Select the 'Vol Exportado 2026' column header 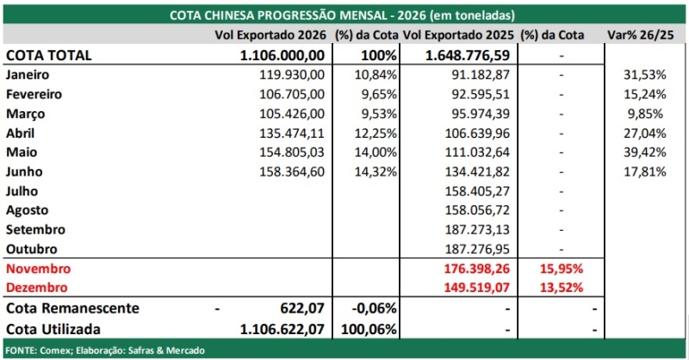pos(270,35)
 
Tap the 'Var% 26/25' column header pos(640,35)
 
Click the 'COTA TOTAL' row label pos(49,55)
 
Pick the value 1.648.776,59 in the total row pos(468,55)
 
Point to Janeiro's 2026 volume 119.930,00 pos(292,75)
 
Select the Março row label pos(26,115)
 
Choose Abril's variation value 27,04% pos(644,133)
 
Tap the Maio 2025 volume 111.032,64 pos(477,152)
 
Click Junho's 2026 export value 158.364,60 pos(292,171)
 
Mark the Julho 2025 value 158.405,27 pos(477,191)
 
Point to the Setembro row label pos(35,229)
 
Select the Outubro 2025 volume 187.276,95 pos(477,249)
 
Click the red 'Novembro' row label pos(38,269)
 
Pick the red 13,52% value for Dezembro pos(562,288)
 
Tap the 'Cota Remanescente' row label pos(72,308)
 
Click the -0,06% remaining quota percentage pos(375,308)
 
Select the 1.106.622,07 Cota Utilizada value pos(282,329)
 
